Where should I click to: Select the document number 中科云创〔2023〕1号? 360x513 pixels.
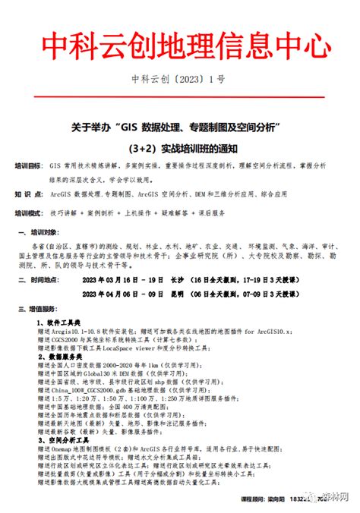[180, 79]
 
